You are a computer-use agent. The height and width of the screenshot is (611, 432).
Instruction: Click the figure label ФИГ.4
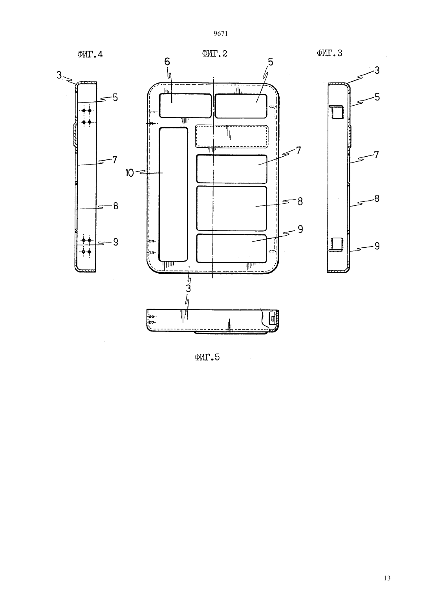coord(90,54)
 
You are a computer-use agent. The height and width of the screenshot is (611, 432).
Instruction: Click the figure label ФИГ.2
coord(215,53)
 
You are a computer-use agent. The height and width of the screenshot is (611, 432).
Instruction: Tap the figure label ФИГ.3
coord(329,53)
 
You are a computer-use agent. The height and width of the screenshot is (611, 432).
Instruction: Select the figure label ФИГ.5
coord(207,357)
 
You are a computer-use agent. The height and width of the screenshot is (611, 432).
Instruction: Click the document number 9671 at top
coord(221,33)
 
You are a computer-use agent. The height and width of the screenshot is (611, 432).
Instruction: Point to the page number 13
coord(387,578)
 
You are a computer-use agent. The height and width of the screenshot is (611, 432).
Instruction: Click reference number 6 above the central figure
coord(167,62)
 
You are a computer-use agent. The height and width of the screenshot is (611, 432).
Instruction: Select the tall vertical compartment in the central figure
coord(173,194)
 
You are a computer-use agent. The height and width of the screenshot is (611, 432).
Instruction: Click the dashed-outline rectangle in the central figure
coord(232,136)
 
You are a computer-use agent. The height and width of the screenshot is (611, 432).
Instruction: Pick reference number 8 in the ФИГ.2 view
coord(300,201)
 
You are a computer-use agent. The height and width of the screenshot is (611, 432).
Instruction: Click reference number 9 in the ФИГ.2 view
coord(300,229)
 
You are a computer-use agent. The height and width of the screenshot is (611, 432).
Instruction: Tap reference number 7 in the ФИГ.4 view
coord(115,160)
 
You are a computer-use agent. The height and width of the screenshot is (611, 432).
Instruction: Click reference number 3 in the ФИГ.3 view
coord(377,71)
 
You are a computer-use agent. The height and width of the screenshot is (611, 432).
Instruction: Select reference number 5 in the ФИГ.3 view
coord(377,97)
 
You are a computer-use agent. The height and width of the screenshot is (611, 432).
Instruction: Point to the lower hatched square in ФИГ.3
coord(337,243)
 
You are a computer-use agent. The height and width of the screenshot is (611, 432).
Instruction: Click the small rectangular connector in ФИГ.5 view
coord(273,318)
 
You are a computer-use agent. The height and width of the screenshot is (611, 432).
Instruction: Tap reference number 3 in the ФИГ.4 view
coord(59,75)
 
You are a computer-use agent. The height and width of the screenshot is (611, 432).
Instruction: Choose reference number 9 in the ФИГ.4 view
coord(115,242)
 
